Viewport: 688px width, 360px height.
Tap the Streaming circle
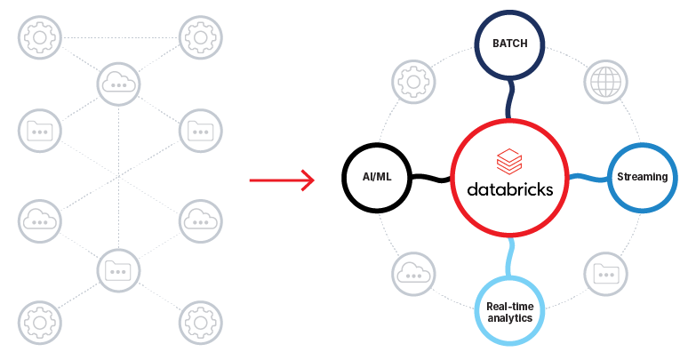point(642,177)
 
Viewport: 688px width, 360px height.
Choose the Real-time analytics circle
point(509,312)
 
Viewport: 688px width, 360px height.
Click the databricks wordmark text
point(509,189)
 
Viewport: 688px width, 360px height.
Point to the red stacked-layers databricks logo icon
point(510,163)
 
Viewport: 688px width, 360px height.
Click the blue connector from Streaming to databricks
point(588,179)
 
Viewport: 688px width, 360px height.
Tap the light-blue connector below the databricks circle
point(509,257)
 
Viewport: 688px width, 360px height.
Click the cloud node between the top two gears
point(119,84)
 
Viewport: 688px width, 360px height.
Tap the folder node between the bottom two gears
point(119,268)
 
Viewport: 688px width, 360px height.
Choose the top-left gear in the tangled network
point(39,37)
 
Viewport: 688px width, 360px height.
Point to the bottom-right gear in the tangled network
point(200,321)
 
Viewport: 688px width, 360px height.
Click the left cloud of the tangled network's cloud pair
point(39,219)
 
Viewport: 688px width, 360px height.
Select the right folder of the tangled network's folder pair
point(200,132)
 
